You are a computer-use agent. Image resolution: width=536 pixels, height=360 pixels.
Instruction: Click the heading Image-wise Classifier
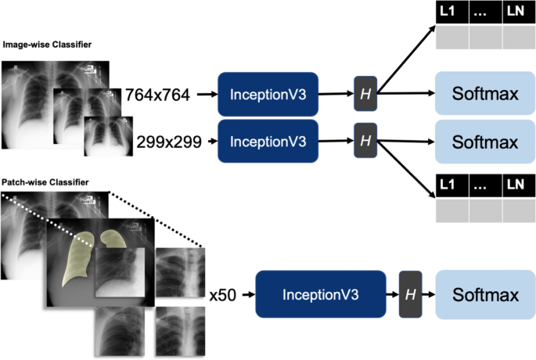tap(47, 45)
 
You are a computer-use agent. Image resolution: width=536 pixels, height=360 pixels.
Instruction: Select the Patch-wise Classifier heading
tap(45, 182)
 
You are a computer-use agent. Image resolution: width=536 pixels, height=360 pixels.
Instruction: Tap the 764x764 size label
tap(157, 95)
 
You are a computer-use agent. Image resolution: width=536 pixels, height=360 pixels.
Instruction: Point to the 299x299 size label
tap(169, 142)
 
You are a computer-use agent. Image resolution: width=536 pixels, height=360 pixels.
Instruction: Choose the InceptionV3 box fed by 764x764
tap(268, 94)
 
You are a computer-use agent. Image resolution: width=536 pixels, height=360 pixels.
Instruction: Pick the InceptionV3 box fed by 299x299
tap(268, 141)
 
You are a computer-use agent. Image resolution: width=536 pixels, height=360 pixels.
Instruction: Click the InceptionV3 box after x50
tap(321, 295)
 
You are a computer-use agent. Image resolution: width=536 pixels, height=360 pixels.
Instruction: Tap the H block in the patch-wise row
tap(410, 295)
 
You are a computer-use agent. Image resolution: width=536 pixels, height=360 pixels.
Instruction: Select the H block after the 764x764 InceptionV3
tap(365, 94)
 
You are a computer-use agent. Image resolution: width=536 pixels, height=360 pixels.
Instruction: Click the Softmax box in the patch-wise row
tap(485, 295)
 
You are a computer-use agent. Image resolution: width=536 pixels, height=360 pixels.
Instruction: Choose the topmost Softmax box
tap(485, 95)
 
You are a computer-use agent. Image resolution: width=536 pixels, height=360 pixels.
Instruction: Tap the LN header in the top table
tap(516, 12)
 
